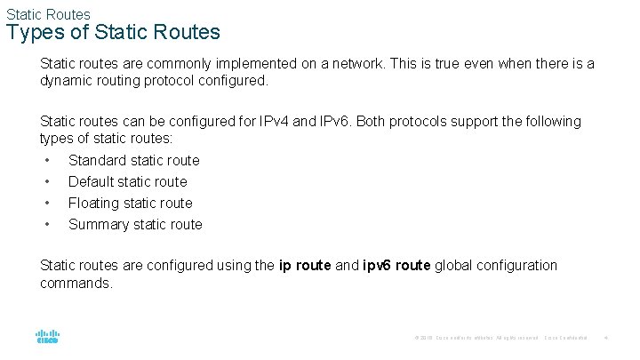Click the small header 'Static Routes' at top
pos(48,14)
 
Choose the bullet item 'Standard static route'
pos(134,160)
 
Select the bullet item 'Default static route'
pos(128,181)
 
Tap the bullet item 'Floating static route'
pos(131,203)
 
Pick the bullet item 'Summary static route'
pos(135,224)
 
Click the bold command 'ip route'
pos(305,265)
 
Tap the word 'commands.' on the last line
pos(76,283)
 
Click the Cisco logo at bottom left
pos(48,338)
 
